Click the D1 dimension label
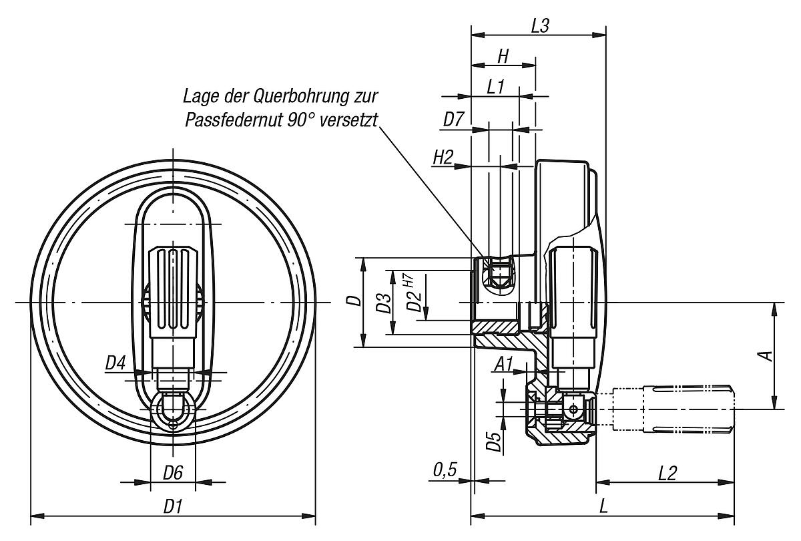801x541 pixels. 174,507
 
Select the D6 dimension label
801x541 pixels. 173,473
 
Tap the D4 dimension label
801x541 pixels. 115,364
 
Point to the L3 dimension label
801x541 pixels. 539,26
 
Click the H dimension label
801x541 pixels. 503,57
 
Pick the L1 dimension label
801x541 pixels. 495,87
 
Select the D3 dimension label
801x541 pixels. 383,302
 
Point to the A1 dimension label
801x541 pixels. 504,364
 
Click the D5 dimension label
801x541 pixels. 493,441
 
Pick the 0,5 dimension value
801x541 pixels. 444,471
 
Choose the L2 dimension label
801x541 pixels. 667,473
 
